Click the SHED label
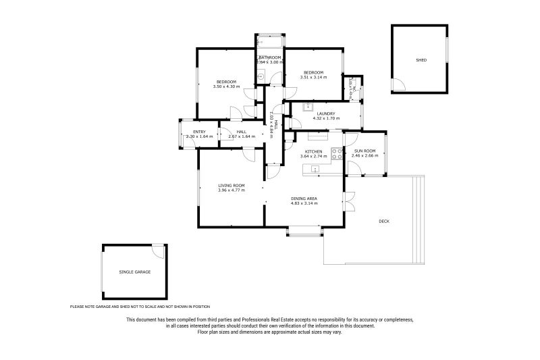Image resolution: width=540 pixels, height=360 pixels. coord(421,60)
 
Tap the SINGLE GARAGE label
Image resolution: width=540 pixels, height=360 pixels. coord(134,272)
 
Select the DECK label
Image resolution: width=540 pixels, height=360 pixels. coord(384,221)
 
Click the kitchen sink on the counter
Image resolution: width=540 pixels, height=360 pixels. coord(315,169)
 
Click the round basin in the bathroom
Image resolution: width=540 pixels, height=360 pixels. coord(261,77)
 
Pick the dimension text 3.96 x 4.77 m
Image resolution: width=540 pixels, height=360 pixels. coord(231,190)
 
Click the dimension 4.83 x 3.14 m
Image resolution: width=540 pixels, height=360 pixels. coord(304,203)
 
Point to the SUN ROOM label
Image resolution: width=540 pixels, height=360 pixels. coord(364,151)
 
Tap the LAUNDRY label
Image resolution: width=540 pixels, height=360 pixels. coord(325,113)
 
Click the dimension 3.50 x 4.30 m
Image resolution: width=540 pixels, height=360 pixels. coord(226,86)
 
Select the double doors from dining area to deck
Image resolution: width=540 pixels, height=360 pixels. coord(350,202)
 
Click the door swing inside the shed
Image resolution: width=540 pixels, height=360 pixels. coord(400,84)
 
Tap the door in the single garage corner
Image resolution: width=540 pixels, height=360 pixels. coord(159,251)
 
